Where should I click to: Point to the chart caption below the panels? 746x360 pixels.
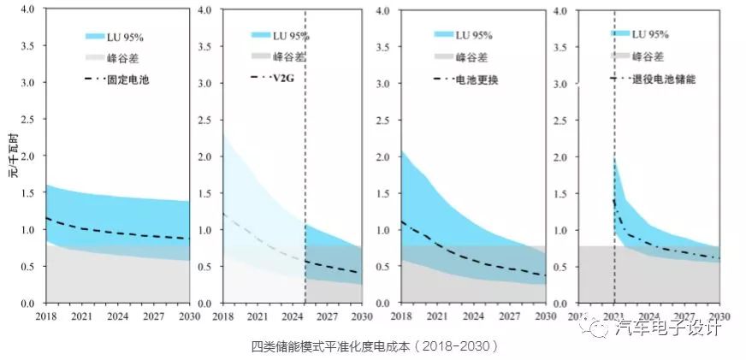374,346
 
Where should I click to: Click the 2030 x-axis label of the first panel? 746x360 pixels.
188,316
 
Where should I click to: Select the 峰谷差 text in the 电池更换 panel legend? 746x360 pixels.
473,57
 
